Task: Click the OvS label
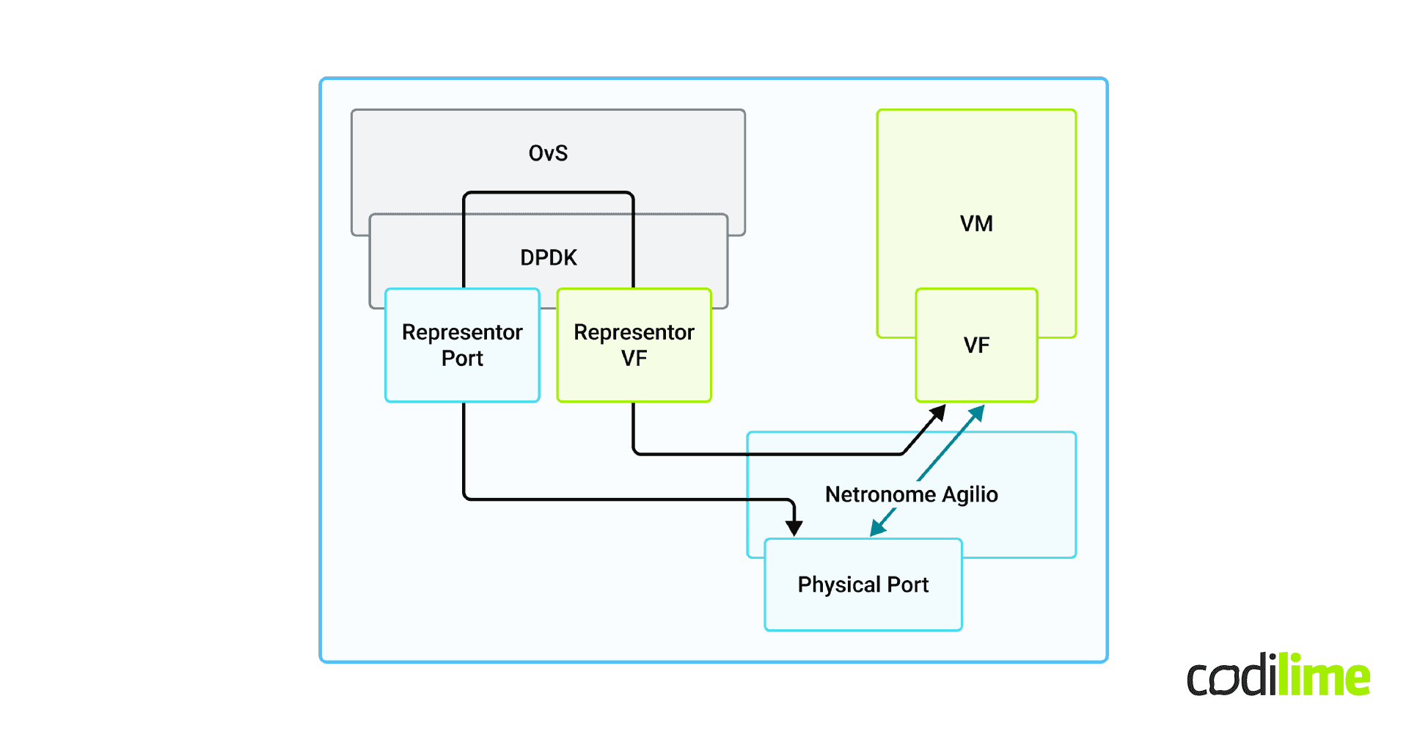pyautogui.click(x=548, y=153)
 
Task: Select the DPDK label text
pyautogui.click(x=548, y=257)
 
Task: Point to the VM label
pyautogui.click(x=976, y=224)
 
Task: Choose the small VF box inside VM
pyautogui.click(x=976, y=345)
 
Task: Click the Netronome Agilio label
pyautogui.click(x=911, y=494)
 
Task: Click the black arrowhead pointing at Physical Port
pyautogui.click(x=794, y=527)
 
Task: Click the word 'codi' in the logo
pyautogui.click(x=1231, y=676)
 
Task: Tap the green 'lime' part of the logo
pyautogui.click(x=1324, y=675)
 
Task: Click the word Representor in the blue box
pyautogui.click(x=462, y=332)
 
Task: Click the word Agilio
pyautogui.click(x=970, y=494)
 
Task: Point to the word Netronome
pyautogui.click(x=880, y=494)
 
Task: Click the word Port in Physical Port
pyautogui.click(x=908, y=585)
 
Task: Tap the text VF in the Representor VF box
pyautogui.click(x=634, y=359)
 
